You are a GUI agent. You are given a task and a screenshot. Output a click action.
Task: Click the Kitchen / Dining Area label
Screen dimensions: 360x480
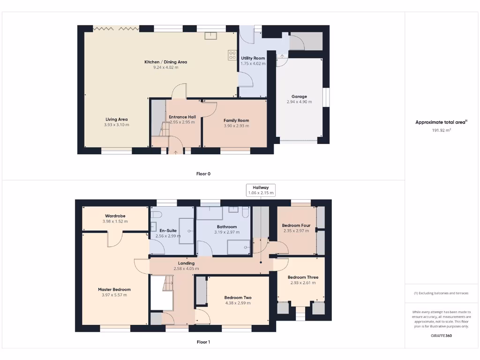pyautogui.click(x=166, y=62)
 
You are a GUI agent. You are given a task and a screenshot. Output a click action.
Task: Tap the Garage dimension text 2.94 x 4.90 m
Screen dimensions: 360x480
pyautogui.click(x=299, y=102)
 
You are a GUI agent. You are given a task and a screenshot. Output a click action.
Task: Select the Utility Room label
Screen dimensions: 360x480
pyautogui.click(x=253, y=58)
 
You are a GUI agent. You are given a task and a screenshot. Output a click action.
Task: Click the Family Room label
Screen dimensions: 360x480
pyautogui.click(x=236, y=120)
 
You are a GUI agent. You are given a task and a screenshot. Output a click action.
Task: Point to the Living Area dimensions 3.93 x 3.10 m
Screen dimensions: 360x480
pyautogui.click(x=116, y=125)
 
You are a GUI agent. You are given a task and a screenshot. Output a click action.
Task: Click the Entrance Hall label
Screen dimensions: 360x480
pyautogui.click(x=182, y=117)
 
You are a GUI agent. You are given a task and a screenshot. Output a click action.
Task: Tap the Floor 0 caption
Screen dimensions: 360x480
pyautogui.click(x=203, y=173)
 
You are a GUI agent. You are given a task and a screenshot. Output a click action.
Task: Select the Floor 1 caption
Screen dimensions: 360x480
pyautogui.click(x=203, y=342)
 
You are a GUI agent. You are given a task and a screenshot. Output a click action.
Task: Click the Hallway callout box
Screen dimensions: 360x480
pyautogui.click(x=261, y=190)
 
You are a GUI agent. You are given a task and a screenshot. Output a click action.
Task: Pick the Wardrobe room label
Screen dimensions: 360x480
pyautogui.click(x=115, y=216)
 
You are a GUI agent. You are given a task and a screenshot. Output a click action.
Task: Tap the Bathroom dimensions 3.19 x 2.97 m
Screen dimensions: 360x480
pyautogui.click(x=227, y=232)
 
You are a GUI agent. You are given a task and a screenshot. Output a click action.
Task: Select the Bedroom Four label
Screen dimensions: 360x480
pyautogui.click(x=296, y=225)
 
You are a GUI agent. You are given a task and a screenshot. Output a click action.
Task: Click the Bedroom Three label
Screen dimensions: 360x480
pyautogui.click(x=303, y=277)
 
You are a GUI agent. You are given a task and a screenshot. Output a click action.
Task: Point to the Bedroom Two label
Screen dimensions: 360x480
pyautogui.click(x=238, y=298)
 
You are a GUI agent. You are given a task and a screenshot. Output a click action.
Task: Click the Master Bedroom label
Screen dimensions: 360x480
pyautogui.click(x=114, y=289)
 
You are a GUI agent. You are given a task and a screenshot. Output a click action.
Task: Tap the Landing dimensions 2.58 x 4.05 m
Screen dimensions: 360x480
pyautogui.click(x=186, y=269)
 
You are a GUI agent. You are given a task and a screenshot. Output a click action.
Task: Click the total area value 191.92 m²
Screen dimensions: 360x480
pyautogui.click(x=441, y=130)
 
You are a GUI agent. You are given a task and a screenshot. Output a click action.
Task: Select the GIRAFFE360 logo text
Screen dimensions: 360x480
pyautogui.click(x=441, y=336)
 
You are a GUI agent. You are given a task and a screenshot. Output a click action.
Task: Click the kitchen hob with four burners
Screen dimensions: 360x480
pyautogui.click(x=232, y=55)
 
